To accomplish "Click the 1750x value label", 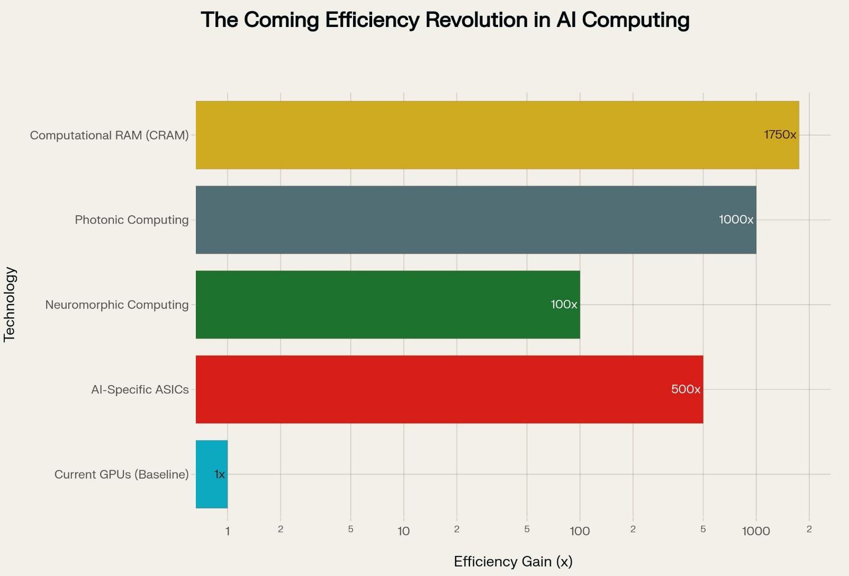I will pos(780,135).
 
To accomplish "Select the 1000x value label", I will pos(736,220).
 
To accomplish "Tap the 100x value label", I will pos(564,305).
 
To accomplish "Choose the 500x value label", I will pos(685,390).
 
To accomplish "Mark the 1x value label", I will pos(220,474).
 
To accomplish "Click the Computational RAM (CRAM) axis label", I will pos(109,135).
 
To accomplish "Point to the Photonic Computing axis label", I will pos(131,220).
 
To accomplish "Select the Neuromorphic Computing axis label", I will pos(116,305).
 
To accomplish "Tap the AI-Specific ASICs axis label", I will pos(140,390).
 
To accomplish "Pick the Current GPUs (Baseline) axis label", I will pos(121,474).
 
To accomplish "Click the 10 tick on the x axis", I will pos(403,531).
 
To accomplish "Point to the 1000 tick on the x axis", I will pos(755,531).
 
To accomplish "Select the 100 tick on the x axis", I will pos(580,531).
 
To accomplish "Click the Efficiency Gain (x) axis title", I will pos(513,562).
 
